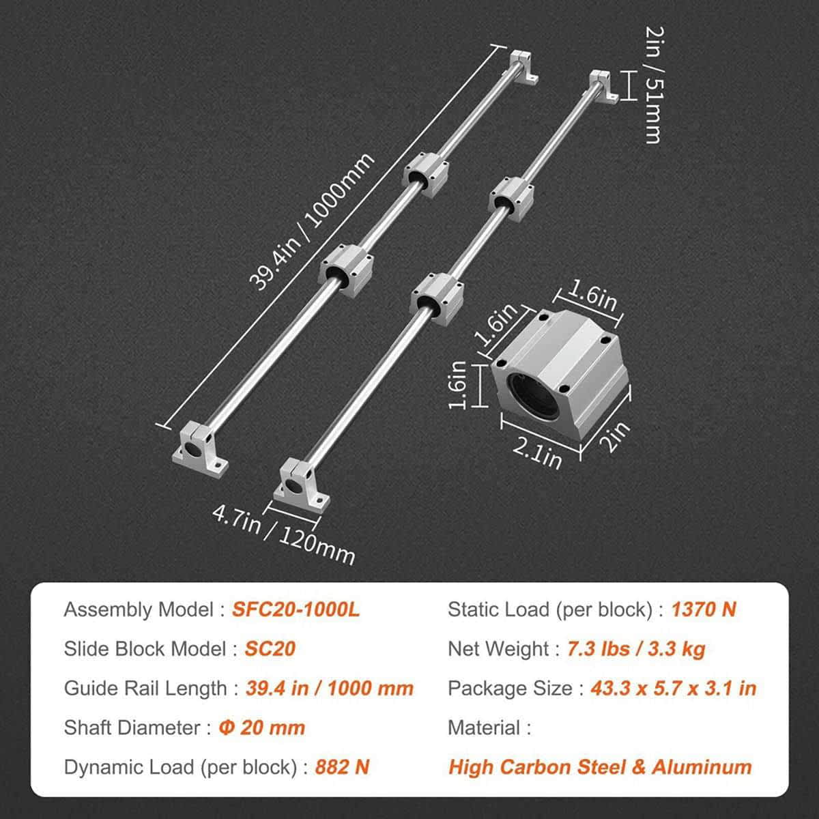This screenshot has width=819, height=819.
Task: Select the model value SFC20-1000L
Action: click(x=296, y=609)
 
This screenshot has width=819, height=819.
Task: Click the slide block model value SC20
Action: click(x=270, y=648)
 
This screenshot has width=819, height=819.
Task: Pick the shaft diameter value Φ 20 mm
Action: click(x=261, y=728)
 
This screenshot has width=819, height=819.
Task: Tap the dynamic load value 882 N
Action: click(x=342, y=767)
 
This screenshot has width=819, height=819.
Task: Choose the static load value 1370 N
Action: click(x=703, y=609)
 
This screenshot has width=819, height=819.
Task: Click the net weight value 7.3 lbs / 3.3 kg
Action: click(x=635, y=649)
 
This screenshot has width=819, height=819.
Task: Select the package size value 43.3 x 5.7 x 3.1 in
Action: click(x=673, y=688)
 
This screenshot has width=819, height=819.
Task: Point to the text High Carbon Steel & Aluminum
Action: click(x=600, y=767)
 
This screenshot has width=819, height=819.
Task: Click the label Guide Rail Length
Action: click(x=145, y=688)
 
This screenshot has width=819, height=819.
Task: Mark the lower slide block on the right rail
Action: click(x=436, y=295)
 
